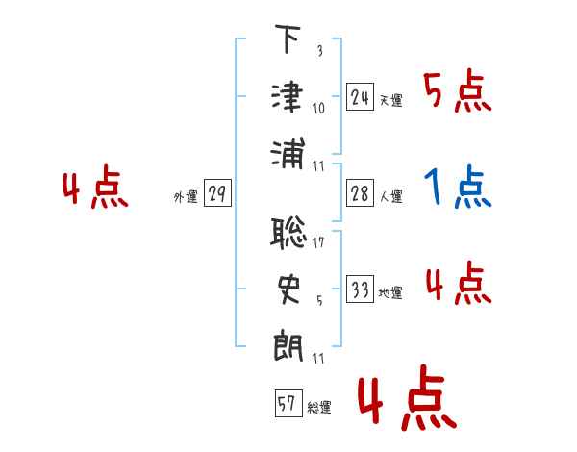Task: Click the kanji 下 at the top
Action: (288, 38)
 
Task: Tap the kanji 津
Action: (288, 98)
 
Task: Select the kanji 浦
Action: (288, 154)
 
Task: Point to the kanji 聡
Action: (288, 234)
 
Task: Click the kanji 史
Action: (288, 289)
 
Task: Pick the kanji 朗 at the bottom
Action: (288, 347)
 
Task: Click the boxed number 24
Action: (360, 96)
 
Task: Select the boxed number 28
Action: (360, 192)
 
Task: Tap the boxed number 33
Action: (360, 289)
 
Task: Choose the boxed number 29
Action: (217, 192)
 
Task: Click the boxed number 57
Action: (288, 403)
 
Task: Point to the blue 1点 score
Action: (457, 187)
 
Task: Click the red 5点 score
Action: (457, 90)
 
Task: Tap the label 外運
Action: (186, 196)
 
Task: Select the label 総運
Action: (319, 407)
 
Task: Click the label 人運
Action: (391, 196)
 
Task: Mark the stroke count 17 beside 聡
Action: (318, 242)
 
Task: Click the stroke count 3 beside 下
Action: (320, 50)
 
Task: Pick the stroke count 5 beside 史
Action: (319, 300)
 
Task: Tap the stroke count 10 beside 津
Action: (318, 109)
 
